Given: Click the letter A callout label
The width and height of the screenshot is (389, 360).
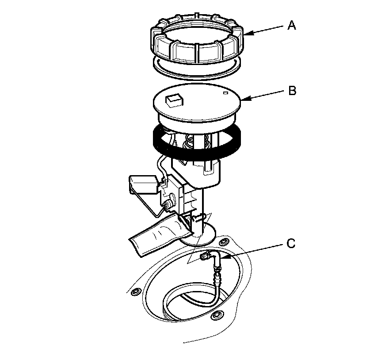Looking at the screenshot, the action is pyautogui.click(x=291, y=26).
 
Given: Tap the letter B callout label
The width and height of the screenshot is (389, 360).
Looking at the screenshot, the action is pyautogui.click(x=292, y=91).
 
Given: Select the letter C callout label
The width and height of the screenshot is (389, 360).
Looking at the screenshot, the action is pyautogui.click(x=291, y=243).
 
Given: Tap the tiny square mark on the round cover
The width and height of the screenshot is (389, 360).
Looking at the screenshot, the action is pyautogui.click(x=225, y=93).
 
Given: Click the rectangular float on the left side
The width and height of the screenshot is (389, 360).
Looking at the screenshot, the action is pyautogui.click(x=142, y=184).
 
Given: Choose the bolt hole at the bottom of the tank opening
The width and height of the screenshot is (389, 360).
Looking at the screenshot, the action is pyautogui.click(x=216, y=315).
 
